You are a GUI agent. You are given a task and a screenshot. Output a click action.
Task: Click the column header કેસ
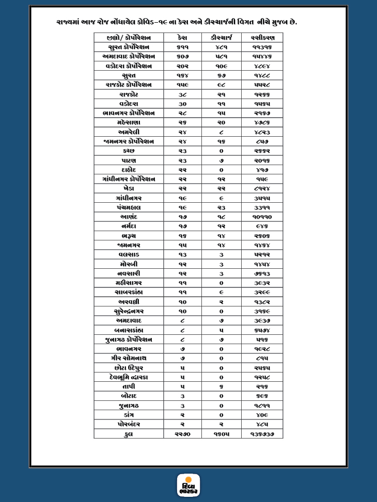(182, 38)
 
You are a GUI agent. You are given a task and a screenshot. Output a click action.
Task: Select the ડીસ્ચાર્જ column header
(221, 38)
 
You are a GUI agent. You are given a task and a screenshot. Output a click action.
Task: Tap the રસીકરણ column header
(262, 38)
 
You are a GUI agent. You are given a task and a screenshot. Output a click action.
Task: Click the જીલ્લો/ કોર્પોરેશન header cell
(128, 38)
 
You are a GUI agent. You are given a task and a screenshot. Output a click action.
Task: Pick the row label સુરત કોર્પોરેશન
(128, 47)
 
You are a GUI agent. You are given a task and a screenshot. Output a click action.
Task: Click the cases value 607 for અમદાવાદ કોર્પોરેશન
(182, 57)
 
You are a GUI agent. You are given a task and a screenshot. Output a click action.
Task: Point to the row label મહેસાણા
(128, 122)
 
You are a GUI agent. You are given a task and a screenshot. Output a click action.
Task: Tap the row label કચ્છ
(128, 151)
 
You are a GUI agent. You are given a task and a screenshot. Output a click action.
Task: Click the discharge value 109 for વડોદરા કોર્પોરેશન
(221, 66)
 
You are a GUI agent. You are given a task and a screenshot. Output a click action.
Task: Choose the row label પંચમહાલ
(128, 207)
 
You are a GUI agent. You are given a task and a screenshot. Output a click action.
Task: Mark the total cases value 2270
(182, 434)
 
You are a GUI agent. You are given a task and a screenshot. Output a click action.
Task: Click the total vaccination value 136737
(262, 434)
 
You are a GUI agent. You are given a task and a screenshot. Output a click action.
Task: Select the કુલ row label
(128, 434)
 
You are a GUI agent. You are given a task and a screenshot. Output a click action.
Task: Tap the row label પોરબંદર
(128, 424)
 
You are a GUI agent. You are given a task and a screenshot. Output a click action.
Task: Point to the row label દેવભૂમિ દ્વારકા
(128, 377)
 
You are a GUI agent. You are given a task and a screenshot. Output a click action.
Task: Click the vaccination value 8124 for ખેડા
(262, 189)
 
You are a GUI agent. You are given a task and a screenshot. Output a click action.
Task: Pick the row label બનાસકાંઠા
(128, 330)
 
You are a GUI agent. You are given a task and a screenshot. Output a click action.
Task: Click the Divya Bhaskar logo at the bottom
(188, 485)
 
